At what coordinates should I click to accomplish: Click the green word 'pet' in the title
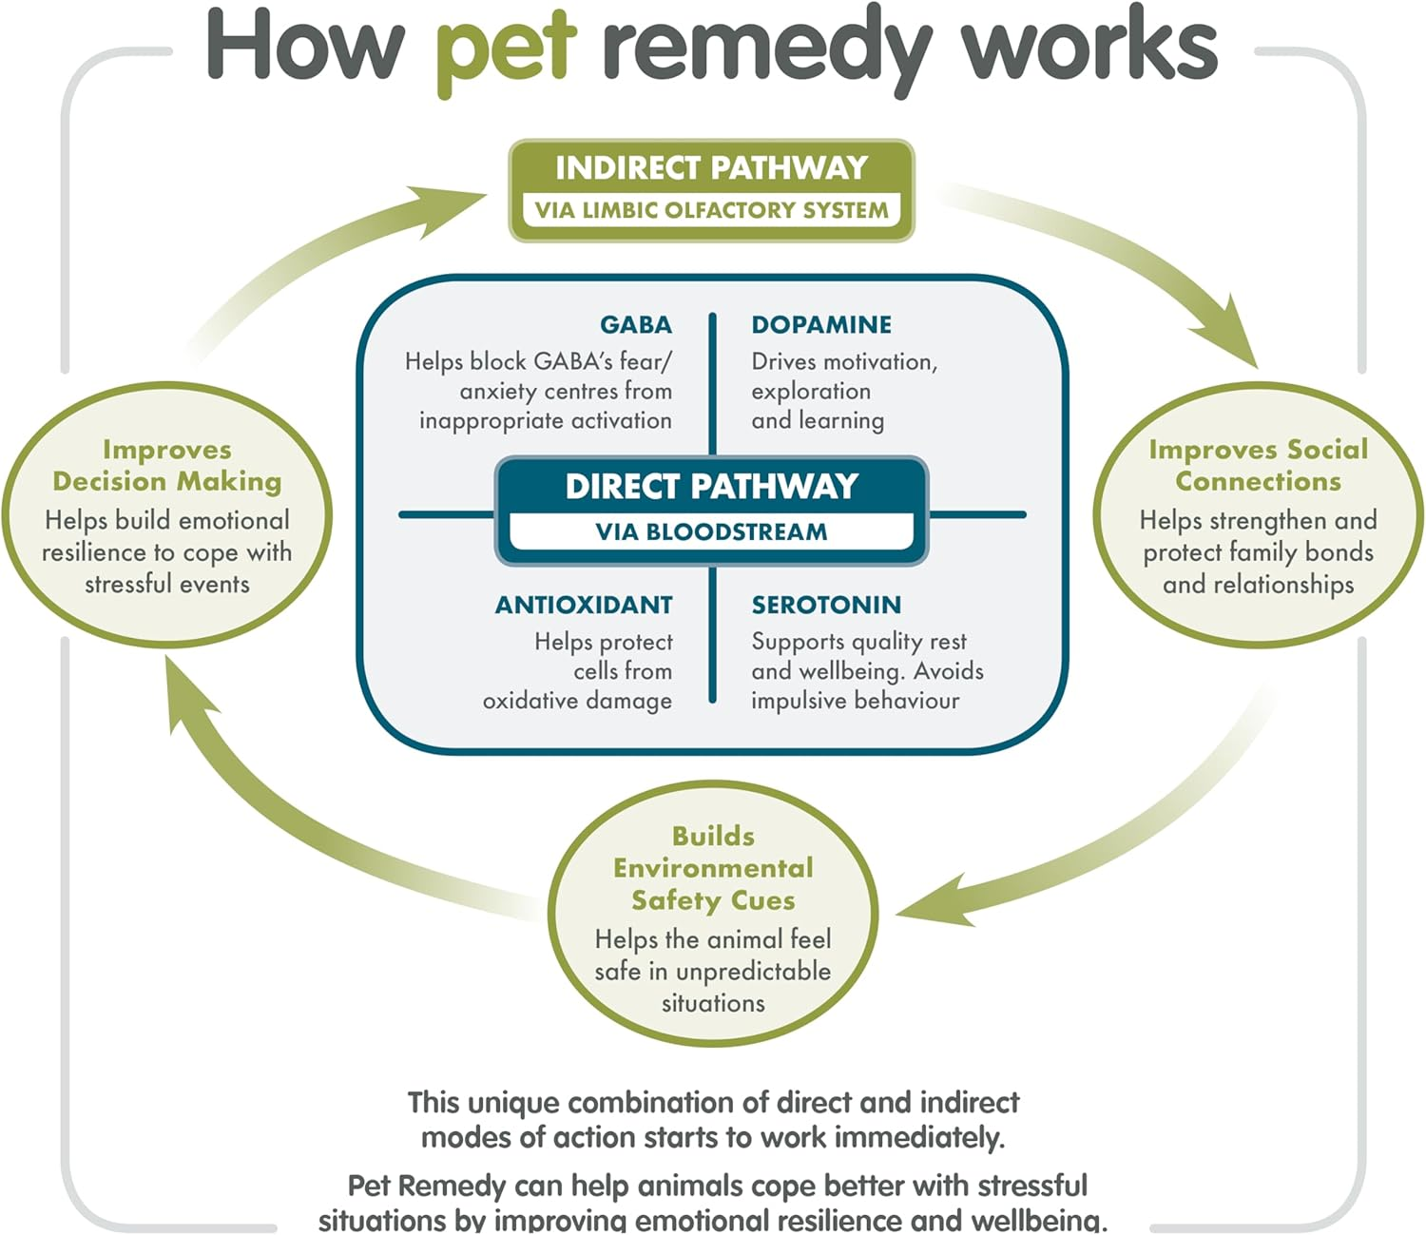(506, 48)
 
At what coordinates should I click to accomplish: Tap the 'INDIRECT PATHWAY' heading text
(711, 168)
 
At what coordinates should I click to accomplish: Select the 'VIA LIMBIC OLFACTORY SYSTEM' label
(711, 210)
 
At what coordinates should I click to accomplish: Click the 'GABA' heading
(635, 325)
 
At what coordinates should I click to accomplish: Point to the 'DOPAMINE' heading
(821, 325)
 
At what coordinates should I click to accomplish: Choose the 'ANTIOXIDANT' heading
(584, 606)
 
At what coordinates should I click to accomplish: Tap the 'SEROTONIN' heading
(826, 606)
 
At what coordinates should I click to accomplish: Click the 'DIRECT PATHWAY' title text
(711, 487)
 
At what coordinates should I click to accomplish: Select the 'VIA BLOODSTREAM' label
(711, 532)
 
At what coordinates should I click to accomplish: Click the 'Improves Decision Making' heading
(167, 465)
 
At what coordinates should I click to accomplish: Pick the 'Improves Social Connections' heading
(1258, 465)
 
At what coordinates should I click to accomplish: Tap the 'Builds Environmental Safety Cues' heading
(713, 868)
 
